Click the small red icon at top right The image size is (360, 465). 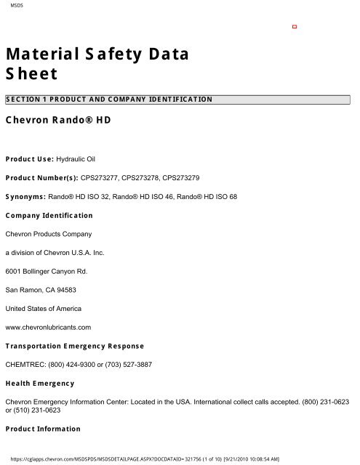coord(295,26)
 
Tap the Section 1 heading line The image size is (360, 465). coord(109,98)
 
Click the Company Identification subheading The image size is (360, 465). coord(48,215)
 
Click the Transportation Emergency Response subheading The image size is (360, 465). coord(74,345)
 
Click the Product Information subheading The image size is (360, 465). coord(43,429)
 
